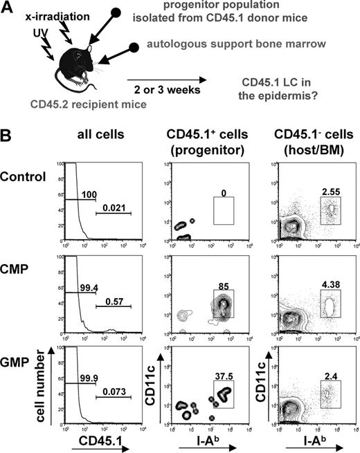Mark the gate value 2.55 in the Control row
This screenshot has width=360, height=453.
(x=330, y=189)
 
